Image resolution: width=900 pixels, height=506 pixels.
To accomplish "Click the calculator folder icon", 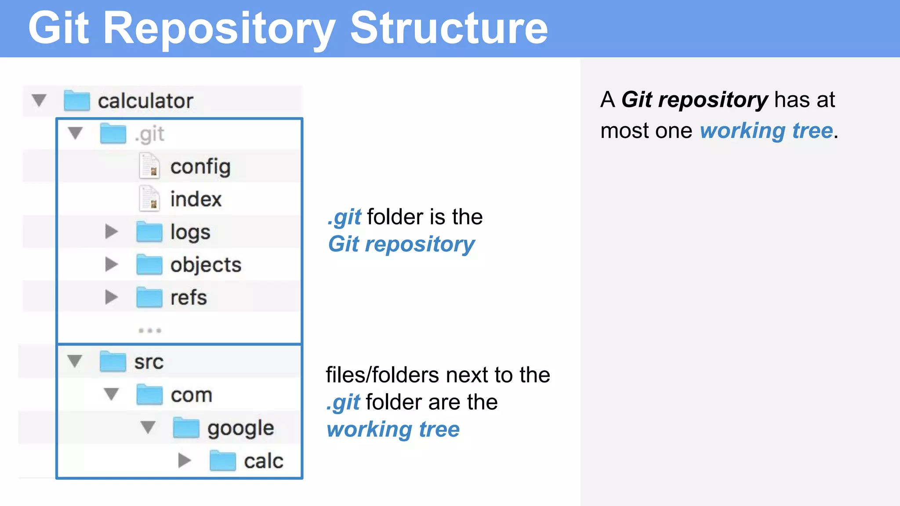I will pos(76,101).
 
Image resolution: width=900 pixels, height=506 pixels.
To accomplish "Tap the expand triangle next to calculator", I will pos(39,100).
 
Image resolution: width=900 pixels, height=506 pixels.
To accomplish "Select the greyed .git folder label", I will pos(150,134).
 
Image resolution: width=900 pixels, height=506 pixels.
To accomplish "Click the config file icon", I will pos(149,166).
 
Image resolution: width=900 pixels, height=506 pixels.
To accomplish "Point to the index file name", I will pos(196,199).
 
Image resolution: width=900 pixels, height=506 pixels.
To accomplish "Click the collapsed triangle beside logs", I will pos(112,231).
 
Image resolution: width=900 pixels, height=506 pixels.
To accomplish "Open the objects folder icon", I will pos(149,264).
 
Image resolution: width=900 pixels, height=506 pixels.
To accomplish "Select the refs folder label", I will pos(189,298).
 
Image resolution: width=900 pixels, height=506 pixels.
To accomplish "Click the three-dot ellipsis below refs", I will pos(150,330).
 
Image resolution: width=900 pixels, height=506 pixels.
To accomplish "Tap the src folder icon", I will pos(113,361).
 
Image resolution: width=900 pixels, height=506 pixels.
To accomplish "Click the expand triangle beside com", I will pos(112,394).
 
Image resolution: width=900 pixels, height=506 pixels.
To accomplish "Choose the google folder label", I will pos(240,428).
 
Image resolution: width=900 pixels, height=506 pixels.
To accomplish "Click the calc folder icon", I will pos(223,461).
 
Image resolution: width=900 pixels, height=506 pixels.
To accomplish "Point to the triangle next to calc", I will pos(185,460).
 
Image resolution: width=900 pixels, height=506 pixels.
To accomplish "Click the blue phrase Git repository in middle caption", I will pos(401,244).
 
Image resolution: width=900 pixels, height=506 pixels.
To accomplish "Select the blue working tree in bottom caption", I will pos(393,429).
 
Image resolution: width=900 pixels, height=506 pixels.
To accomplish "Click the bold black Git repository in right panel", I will pos(695,100).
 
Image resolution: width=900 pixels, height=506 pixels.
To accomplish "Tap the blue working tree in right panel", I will pos(766,131).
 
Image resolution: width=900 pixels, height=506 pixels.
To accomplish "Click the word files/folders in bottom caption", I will pos(382,375).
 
